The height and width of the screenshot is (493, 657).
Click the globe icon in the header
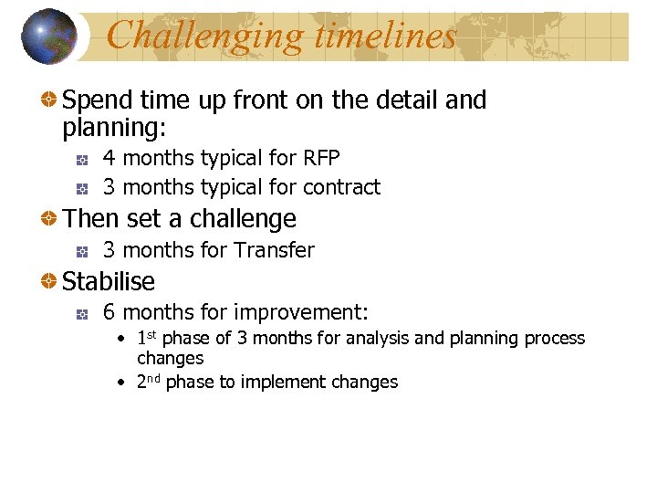[50, 37]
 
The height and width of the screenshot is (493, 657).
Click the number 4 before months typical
[109, 159]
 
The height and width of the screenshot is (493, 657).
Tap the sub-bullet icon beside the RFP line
[82, 160]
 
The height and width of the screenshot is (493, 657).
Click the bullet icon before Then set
[51, 219]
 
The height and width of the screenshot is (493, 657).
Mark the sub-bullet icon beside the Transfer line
[82, 251]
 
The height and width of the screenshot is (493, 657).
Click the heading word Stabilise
[109, 281]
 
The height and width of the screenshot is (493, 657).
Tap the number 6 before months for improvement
[109, 312]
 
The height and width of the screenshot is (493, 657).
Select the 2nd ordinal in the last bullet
[149, 382]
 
